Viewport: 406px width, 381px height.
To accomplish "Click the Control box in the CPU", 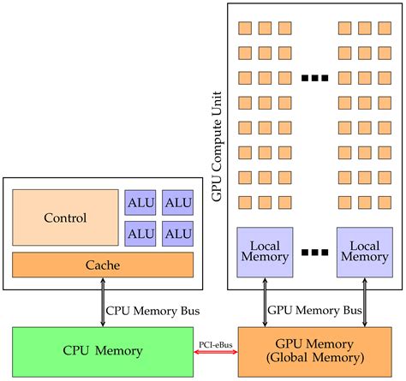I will tap(65, 217).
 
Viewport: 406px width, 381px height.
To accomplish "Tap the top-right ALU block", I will tap(177, 202).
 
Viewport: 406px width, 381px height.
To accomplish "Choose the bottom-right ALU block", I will tap(177, 233).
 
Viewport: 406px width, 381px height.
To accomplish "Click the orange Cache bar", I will tap(103, 265).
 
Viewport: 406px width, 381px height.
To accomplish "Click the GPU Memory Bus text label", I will tap(316, 309).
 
